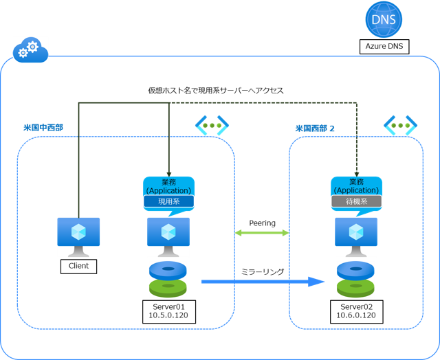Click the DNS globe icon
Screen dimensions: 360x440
(x=384, y=19)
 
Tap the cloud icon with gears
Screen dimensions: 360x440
(x=30, y=49)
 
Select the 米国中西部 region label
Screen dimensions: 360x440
(x=44, y=128)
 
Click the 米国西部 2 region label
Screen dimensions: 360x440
(x=315, y=128)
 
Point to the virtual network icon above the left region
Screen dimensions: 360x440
(x=211, y=125)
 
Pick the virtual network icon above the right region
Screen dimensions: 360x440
(x=400, y=125)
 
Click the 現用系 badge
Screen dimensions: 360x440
(x=168, y=202)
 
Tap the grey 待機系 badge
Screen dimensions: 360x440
(x=356, y=202)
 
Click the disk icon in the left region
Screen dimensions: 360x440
(x=168, y=279)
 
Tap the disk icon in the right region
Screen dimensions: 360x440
(x=355, y=279)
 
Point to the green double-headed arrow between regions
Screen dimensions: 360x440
(x=262, y=233)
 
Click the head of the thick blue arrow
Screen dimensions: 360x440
(x=317, y=281)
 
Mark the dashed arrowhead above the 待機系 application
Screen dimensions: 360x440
(x=357, y=172)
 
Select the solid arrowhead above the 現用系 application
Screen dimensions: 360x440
(x=168, y=172)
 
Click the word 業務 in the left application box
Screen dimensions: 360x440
(x=168, y=182)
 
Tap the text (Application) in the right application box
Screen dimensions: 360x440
(x=356, y=190)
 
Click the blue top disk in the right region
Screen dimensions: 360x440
(x=355, y=270)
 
